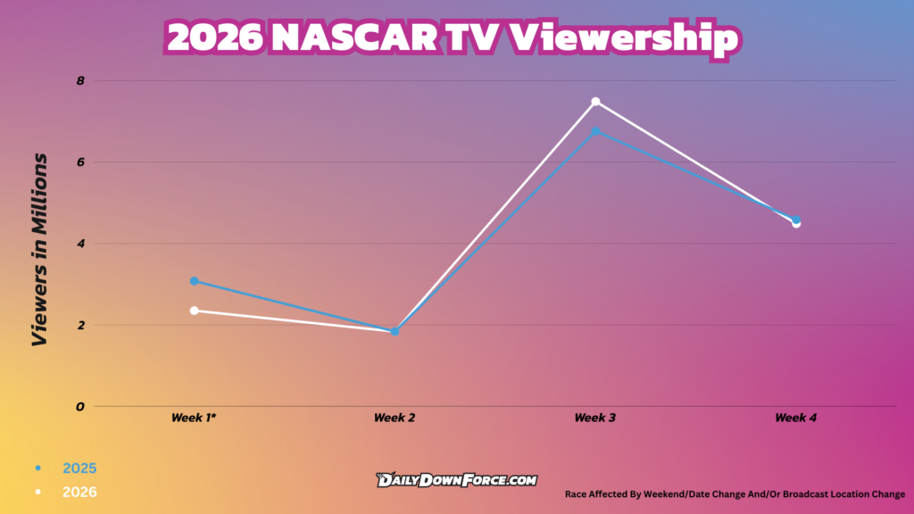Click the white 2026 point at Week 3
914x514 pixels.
595,102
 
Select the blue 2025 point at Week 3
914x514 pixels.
595,131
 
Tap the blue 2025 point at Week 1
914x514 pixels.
194,281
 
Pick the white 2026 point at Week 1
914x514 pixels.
194,311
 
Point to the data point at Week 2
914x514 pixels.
395,331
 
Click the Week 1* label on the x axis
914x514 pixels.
194,418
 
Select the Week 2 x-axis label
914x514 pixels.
395,418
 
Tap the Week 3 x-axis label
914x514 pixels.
595,418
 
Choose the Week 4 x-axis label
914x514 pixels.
796,418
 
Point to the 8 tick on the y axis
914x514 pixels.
80,80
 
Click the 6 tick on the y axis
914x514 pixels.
80,162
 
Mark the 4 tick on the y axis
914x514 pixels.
80,244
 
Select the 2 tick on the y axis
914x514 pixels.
80,325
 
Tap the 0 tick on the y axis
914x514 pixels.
80,406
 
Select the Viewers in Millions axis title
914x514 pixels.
39,250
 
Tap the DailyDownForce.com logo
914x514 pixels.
457,480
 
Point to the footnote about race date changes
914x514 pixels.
735,493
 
